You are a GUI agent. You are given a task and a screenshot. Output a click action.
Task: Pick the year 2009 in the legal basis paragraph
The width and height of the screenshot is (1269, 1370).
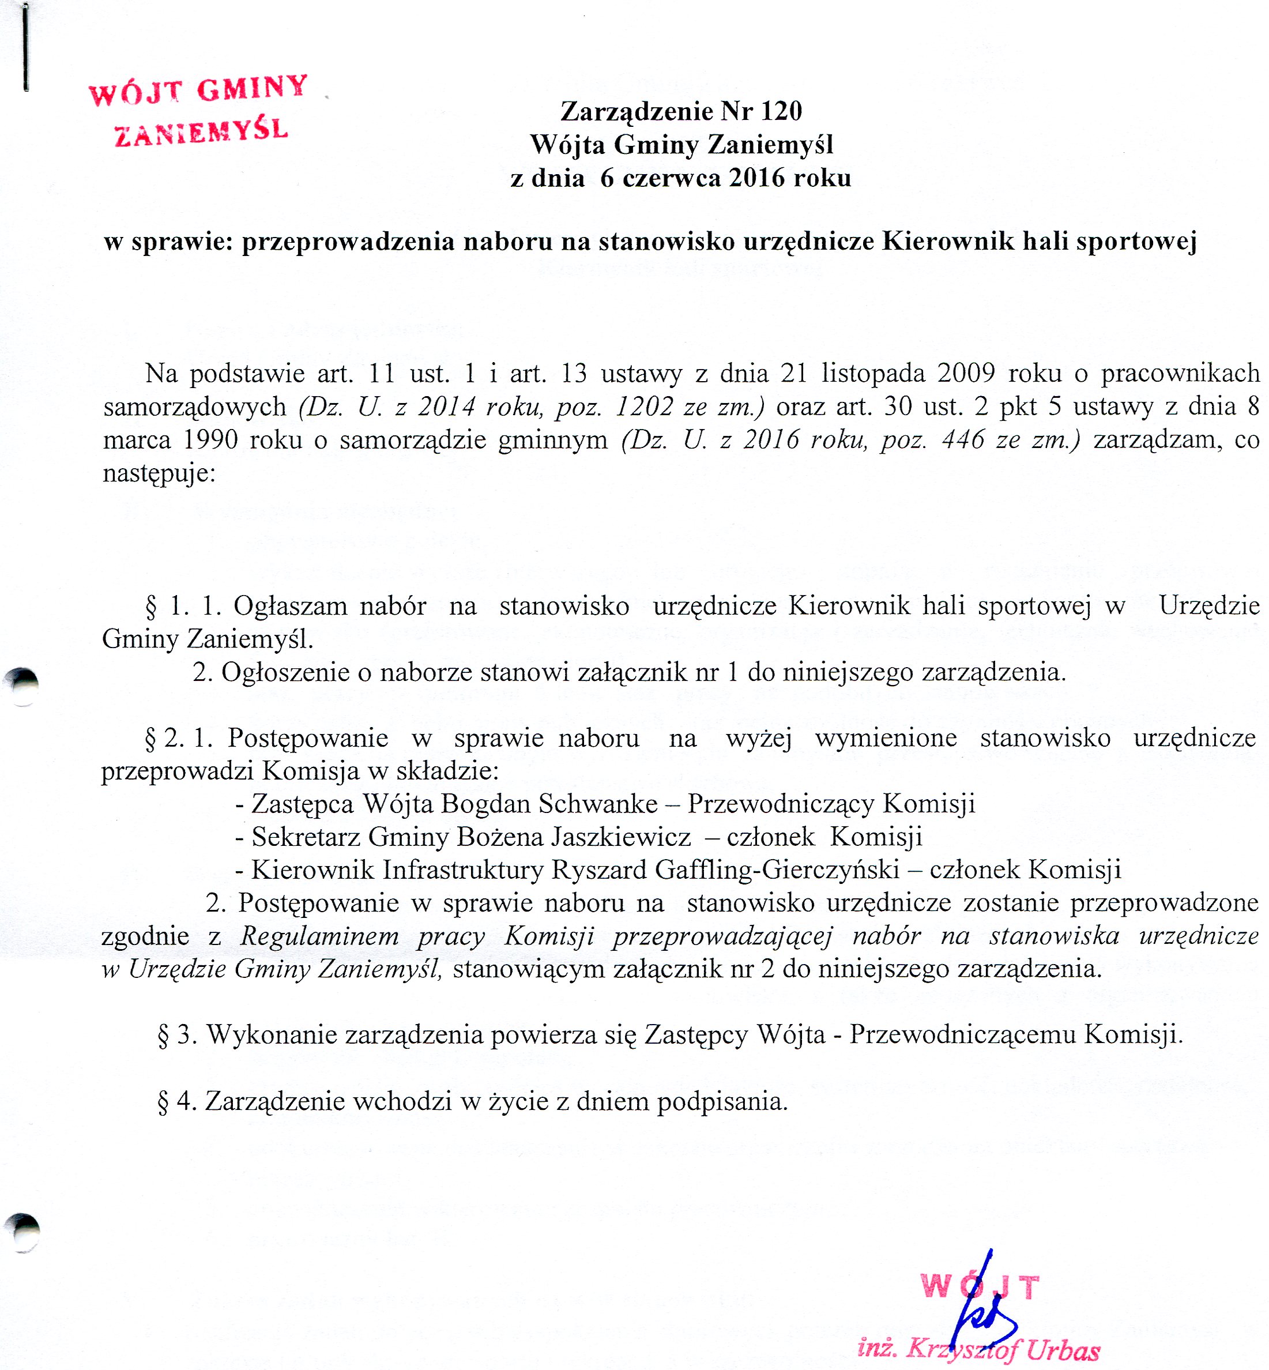tap(966, 374)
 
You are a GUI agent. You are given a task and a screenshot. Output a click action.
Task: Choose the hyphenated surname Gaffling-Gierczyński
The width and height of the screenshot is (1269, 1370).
tap(777, 870)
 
